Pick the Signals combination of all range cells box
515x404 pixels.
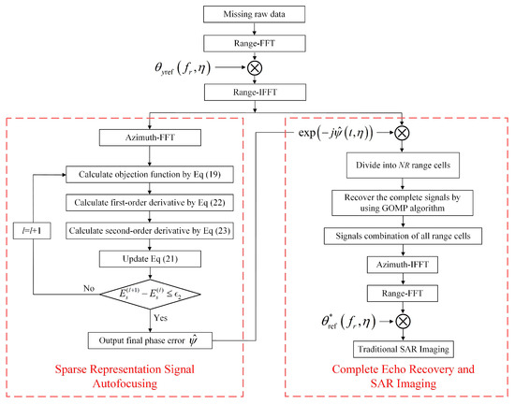coord(404,238)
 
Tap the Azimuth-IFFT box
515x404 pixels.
coord(404,267)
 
